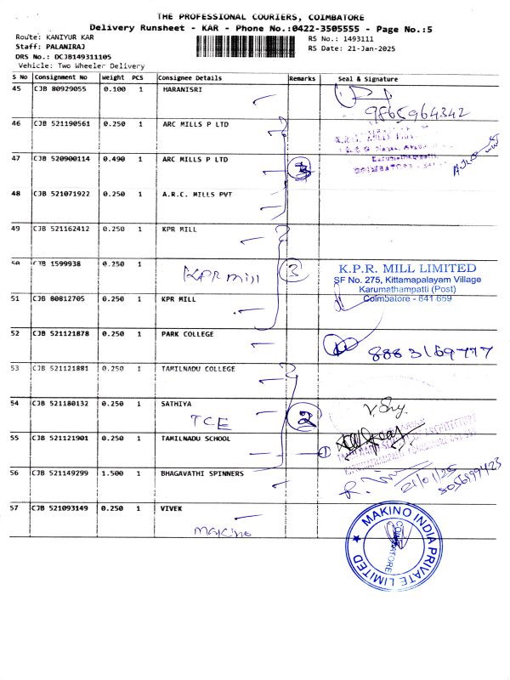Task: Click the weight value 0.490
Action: [x=114, y=158]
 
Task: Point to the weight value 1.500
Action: [x=114, y=473]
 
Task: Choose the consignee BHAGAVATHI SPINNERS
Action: [x=202, y=473]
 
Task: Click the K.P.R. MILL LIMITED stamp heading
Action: [x=408, y=269]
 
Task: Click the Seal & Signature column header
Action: [x=368, y=78]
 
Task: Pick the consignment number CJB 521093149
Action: [x=62, y=507]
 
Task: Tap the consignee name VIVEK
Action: [x=173, y=507]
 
